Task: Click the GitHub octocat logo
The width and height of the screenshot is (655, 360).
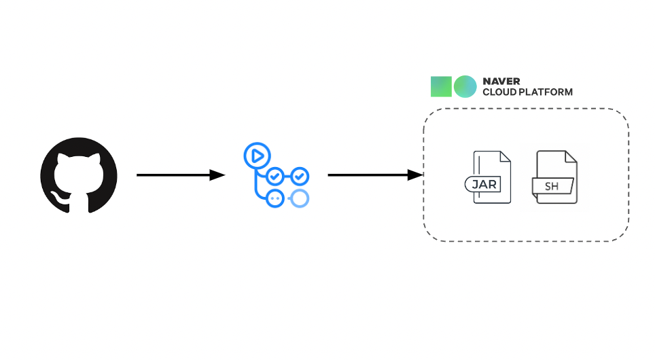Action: (x=79, y=175)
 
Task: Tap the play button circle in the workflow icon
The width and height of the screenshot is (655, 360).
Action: (x=257, y=156)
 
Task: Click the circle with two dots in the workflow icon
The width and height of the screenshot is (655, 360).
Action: (x=275, y=198)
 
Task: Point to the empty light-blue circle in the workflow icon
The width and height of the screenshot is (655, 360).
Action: (x=299, y=198)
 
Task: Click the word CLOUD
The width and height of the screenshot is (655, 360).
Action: (x=499, y=92)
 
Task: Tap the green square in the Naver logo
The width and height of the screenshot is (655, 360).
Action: (x=441, y=86)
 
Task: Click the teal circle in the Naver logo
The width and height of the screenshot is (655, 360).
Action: (x=465, y=86)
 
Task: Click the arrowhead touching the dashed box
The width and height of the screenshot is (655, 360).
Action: (x=416, y=175)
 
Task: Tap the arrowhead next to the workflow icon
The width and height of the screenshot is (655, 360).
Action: (x=217, y=175)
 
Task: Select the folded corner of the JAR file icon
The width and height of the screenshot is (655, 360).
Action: (x=504, y=156)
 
